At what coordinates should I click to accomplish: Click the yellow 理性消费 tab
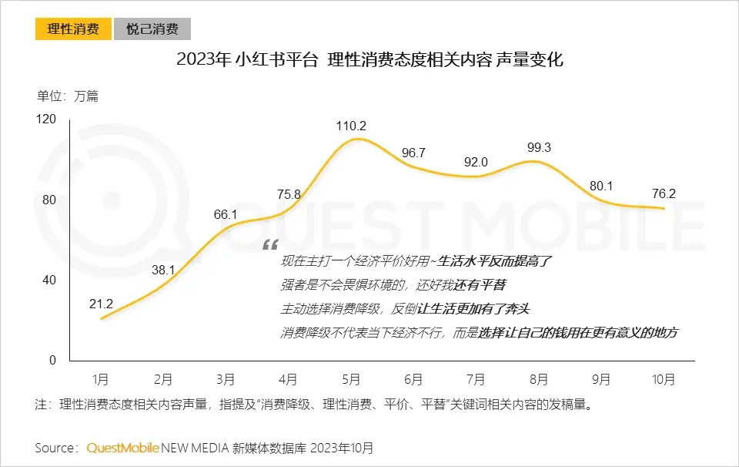[x=73, y=30]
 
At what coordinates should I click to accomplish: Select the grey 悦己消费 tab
[x=152, y=30]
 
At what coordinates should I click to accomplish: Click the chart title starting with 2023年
[x=369, y=59]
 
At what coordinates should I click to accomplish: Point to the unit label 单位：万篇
[x=68, y=96]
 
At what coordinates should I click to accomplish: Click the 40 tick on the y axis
[x=49, y=280]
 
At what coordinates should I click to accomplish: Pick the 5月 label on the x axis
[x=351, y=379]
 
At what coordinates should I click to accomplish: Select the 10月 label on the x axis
[x=664, y=379]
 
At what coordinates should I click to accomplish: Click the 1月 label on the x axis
[x=101, y=379]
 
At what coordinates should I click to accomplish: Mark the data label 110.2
[x=351, y=126]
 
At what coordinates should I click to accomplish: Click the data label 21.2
[x=101, y=304]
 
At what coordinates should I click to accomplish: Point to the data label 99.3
[x=538, y=147]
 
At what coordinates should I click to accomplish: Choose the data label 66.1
[x=226, y=213]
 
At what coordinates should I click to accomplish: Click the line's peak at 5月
[x=353, y=139]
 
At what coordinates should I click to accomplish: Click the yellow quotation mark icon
[x=270, y=245]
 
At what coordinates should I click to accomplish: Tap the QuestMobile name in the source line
[x=122, y=448]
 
